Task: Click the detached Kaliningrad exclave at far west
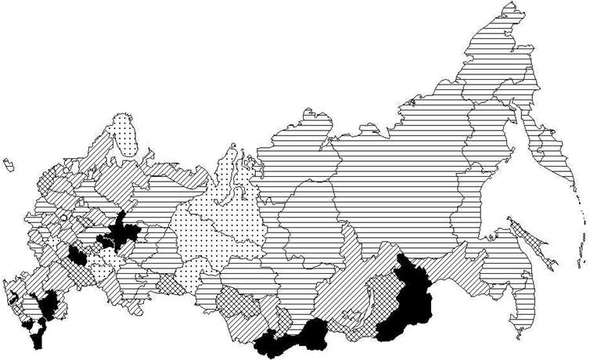9,164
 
